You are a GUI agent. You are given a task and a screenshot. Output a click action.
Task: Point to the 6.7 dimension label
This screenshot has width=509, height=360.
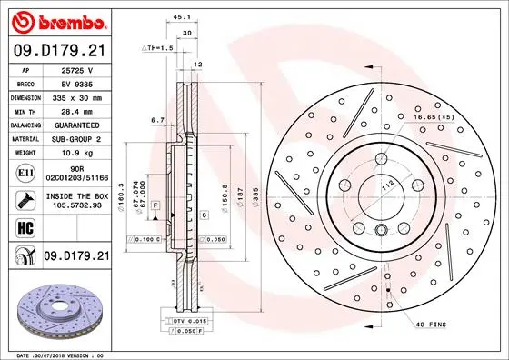click(155, 119)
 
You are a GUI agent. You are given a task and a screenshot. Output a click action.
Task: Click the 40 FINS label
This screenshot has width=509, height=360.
click(432, 325)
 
